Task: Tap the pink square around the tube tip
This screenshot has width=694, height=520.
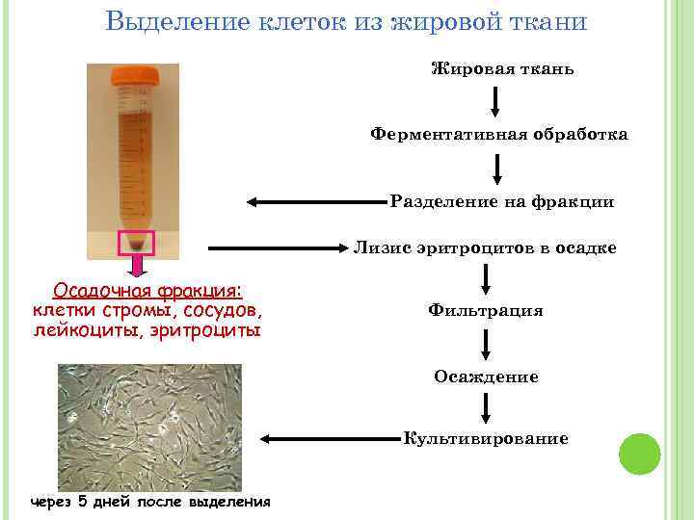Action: [136, 243]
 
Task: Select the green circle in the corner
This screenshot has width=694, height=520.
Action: [639, 454]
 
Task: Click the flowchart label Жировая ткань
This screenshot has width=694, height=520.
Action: [502, 69]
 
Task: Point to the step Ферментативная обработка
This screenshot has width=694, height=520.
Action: [499, 135]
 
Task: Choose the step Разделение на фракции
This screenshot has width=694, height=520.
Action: [502, 202]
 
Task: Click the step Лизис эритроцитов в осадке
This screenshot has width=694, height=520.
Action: [485, 247]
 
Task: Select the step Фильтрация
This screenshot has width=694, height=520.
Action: [486, 310]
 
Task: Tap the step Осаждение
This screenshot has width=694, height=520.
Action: [486, 377]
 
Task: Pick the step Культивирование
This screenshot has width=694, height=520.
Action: [486, 439]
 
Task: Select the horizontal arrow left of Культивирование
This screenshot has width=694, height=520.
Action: [328, 439]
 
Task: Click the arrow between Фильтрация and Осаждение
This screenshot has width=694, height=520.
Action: [486, 344]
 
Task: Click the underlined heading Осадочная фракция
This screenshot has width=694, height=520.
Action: [147, 291]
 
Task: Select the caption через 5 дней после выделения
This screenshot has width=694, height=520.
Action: [150, 502]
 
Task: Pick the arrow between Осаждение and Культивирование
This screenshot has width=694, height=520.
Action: [486, 408]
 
